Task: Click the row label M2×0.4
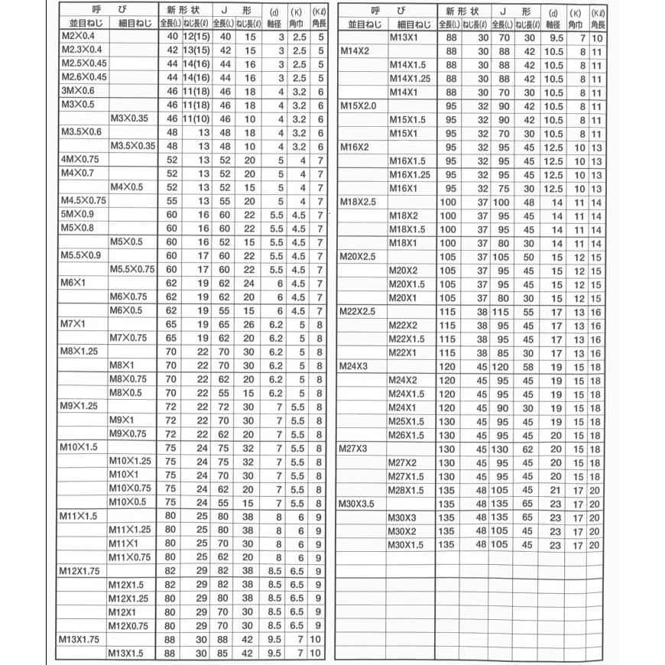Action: (79, 38)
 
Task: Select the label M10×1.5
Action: (79, 446)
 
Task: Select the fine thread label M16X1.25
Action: (410, 174)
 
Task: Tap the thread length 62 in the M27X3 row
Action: (527, 448)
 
